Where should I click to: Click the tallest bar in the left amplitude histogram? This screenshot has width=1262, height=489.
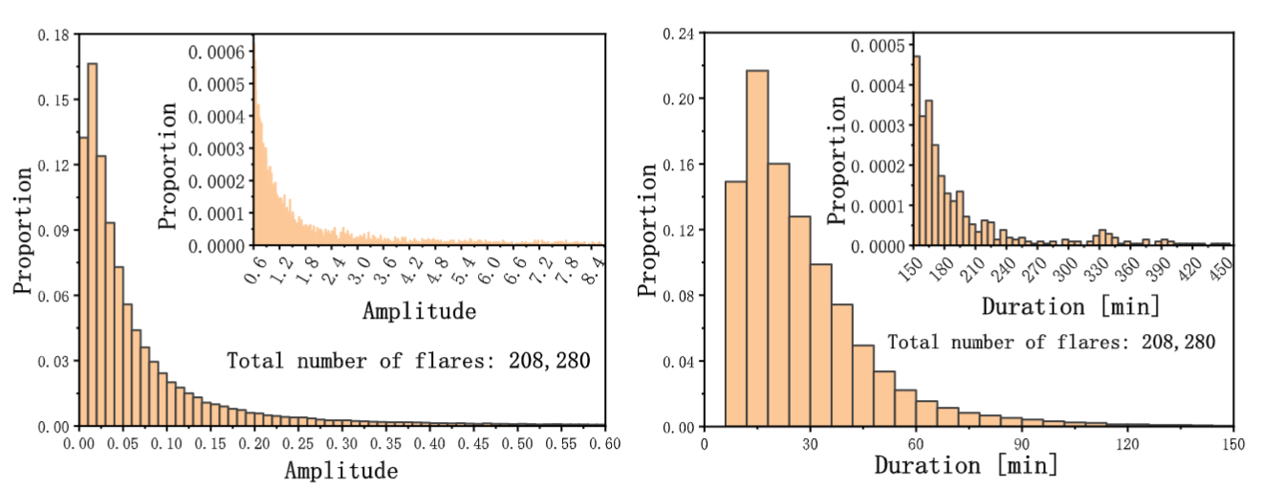click(92, 244)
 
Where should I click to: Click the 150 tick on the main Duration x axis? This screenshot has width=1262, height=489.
click(1232, 445)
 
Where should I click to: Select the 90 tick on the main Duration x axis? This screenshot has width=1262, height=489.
click(1021, 445)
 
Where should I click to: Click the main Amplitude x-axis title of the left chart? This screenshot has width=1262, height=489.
click(341, 470)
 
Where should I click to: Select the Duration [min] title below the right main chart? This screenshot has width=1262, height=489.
click(967, 467)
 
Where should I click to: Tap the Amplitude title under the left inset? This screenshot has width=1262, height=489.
click(419, 312)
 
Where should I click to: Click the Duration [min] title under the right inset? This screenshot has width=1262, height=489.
click(1071, 307)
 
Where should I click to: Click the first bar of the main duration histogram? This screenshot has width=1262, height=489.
click(735, 303)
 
